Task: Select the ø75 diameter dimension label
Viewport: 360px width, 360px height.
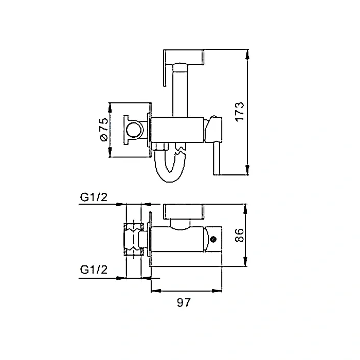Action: tap(103, 131)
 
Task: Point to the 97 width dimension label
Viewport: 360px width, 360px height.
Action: tap(184, 303)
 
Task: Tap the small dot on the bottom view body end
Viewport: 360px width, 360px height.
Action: tap(213, 238)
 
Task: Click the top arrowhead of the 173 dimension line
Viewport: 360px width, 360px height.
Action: tap(248, 52)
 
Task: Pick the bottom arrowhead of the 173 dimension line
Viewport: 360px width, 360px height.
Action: tap(248, 172)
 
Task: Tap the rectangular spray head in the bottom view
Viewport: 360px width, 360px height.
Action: tap(185, 212)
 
